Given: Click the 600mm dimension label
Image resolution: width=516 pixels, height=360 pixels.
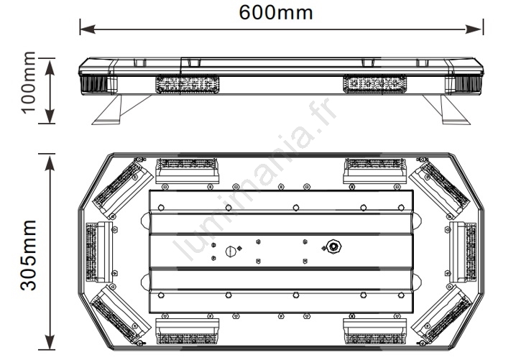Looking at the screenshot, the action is point(276,12).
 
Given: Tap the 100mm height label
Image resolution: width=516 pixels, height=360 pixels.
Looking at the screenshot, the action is point(28,82).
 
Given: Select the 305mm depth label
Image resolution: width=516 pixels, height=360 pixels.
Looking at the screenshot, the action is point(28,255).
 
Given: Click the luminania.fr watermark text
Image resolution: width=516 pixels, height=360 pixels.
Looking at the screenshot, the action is point(255,180).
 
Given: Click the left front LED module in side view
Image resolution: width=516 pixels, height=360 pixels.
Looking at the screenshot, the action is point(188,84).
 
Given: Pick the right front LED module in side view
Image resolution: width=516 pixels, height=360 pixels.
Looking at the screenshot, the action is point(374,84).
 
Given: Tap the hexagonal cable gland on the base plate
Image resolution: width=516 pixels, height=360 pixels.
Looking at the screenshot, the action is point(334,246).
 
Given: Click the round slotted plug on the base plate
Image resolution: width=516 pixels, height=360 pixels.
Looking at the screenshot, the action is point(231,251).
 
